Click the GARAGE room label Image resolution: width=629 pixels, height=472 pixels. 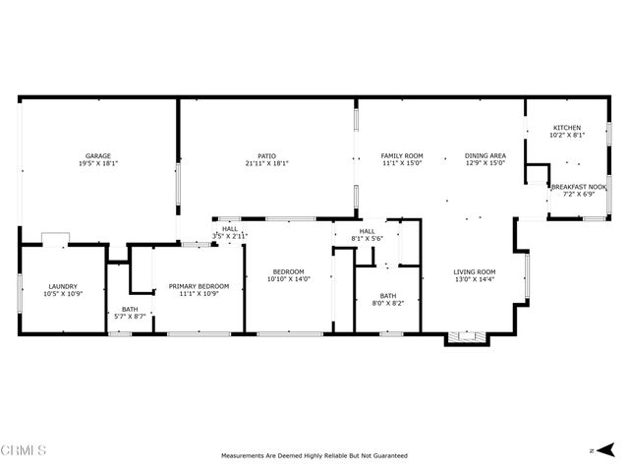tap(97, 155)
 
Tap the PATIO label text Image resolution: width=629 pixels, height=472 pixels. tap(266, 155)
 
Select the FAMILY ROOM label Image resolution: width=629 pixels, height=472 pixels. tap(402, 155)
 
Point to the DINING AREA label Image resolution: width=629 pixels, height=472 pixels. tap(485, 155)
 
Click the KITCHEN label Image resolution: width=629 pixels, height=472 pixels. tap(566, 128)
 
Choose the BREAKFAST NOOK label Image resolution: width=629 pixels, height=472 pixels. tap(578, 187)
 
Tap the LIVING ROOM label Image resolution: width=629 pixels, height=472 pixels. tap(474, 272)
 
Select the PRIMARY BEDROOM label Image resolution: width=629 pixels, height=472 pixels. tap(199, 286)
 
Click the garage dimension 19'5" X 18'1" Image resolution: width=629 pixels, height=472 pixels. tap(97, 163)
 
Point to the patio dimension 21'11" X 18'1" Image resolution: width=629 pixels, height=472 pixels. tap(266, 163)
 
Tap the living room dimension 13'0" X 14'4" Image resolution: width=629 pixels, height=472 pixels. tap(474, 280)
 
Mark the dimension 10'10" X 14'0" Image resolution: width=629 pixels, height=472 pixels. tap(288, 279)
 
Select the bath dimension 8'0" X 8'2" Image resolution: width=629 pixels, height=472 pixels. tap(388, 304)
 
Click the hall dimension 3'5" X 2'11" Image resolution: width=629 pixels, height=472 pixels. tap(230, 237)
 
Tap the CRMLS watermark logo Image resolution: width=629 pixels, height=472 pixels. tap(25, 450)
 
